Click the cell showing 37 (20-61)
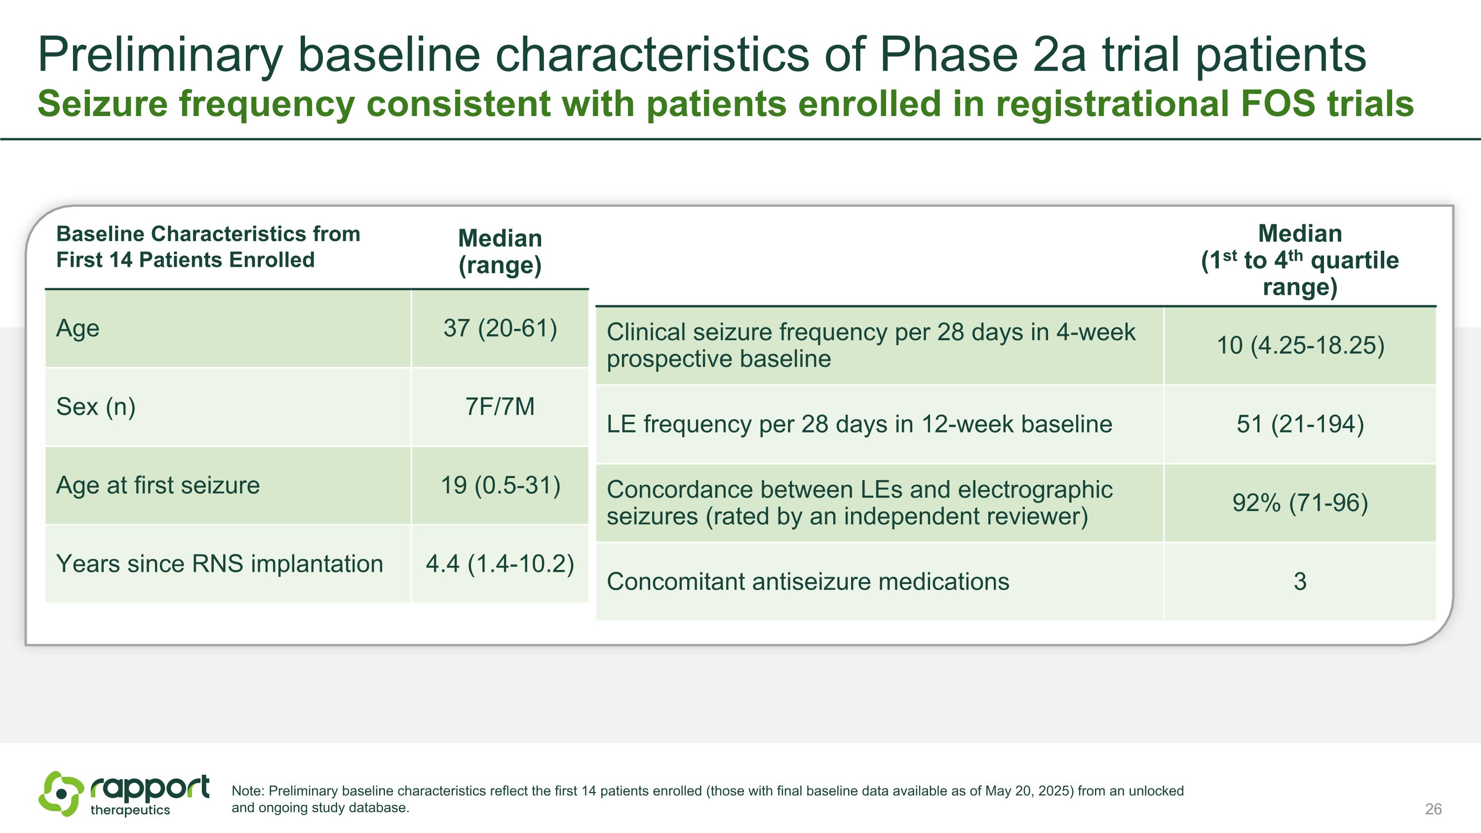(x=500, y=328)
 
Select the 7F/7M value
(x=500, y=406)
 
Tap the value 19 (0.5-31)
(x=500, y=485)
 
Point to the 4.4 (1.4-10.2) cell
(x=500, y=564)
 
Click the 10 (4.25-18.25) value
(x=1300, y=346)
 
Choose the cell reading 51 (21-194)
(x=1300, y=424)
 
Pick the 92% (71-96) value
(x=1300, y=503)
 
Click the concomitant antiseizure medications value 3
(x=1300, y=582)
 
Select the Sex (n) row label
(x=96, y=407)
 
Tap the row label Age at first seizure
(x=158, y=485)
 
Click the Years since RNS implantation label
(x=220, y=564)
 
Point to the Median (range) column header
(x=500, y=252)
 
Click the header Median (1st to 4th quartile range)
(x=1300, y=260)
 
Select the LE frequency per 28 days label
(x=859, y=424)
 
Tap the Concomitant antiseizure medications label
(x=808, y=582)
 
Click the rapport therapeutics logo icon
(x=61, y=794)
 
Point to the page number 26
(x=1433, y=809)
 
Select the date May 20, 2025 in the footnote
(x=1029, y=791)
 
